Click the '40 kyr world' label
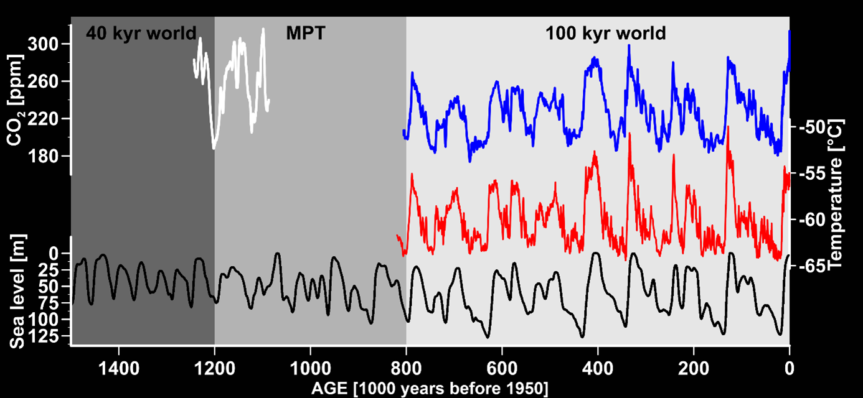141,33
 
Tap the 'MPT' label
305,33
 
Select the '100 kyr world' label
605,33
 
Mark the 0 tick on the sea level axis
54,254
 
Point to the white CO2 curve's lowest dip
214,147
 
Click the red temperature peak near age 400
595,152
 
